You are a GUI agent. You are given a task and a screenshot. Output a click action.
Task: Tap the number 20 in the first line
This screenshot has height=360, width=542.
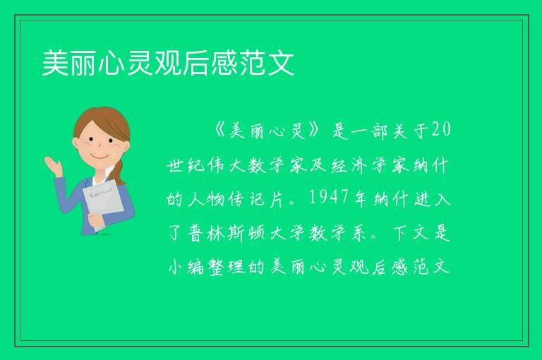441,130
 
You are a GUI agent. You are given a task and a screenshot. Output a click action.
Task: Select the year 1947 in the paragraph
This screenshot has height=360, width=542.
328,198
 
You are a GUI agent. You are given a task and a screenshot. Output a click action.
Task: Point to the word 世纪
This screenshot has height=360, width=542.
186,165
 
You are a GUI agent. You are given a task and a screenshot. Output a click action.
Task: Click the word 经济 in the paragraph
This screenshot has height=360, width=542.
349,165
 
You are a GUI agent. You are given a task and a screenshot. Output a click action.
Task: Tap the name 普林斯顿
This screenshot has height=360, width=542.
227,233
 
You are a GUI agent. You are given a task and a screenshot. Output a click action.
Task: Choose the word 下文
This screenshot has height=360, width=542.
410,233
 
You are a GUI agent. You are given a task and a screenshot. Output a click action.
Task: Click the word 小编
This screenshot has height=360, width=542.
186,267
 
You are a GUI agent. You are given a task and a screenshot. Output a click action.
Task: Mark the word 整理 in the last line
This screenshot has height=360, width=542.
227,267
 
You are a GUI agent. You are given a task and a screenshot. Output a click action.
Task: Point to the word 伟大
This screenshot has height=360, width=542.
227,165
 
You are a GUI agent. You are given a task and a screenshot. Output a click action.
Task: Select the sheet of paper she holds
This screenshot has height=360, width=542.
103,204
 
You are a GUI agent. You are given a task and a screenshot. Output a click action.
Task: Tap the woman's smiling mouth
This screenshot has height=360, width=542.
100,157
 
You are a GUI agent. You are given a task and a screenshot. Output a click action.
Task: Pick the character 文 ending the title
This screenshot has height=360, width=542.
282,63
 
